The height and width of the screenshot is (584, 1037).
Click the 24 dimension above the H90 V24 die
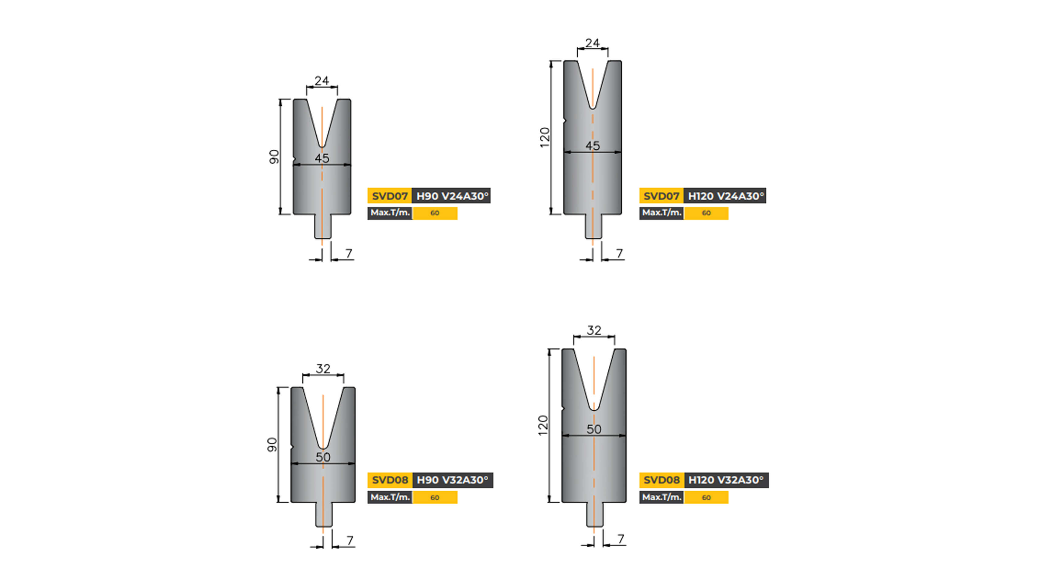click(322, 81)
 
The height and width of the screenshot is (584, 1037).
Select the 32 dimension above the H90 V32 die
click(323, 369)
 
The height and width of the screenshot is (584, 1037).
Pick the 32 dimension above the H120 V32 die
click(594, 330)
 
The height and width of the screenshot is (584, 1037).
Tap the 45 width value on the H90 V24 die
click(322, 158)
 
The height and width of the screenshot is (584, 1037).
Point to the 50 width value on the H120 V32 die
click(594, 429)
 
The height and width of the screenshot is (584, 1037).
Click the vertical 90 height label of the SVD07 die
click(274, 157)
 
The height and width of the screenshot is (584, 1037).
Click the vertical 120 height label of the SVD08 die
click(543, 425)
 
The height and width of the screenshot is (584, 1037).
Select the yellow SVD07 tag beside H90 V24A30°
click(389, 196)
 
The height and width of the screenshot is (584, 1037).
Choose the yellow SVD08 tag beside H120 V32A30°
click(661, 480)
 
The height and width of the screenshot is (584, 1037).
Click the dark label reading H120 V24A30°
click(725, 196)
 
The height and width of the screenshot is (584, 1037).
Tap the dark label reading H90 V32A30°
click(452, 480)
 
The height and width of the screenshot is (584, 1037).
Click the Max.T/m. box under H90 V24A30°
click(390, 213)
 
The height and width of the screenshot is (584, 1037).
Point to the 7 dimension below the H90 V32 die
click(350, 540)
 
